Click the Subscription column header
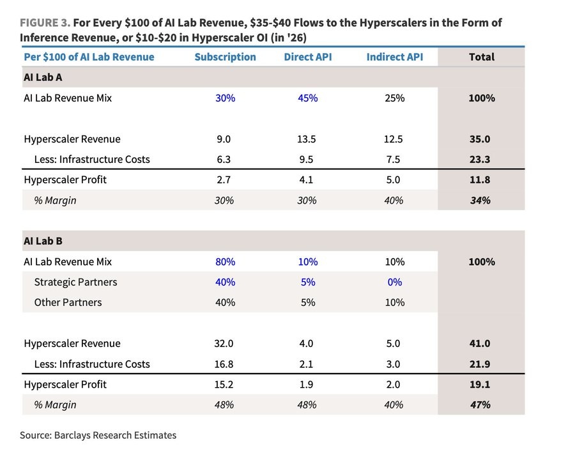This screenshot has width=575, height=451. tap(225, 57)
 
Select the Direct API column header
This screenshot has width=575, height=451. tap(308, 57)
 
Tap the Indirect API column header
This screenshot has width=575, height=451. tap(395, 57)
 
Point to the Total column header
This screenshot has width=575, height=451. tap(482, 57)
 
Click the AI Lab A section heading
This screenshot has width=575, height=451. tap(43, 77)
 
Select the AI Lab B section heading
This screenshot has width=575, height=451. tap(43, 241)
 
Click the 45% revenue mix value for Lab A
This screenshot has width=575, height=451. tap(308, 98)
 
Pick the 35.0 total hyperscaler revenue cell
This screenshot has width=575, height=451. tap(480, 139)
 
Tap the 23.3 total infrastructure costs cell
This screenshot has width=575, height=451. tap(480, 159)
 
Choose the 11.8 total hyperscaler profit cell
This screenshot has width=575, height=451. tap(480, 180)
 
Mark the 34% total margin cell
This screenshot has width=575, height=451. tap(480, 200)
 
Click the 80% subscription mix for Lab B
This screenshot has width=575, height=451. tap(225, 261)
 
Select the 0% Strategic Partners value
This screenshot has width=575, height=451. tap(395, 282)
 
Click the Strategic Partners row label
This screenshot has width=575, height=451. tap(75, 282)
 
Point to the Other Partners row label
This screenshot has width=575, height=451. tap(68, 302)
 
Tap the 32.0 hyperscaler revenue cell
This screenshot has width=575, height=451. tap(224, 343)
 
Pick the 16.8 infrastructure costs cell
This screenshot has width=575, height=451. tap(224, 363)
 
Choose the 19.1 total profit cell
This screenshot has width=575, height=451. tap(480, 385)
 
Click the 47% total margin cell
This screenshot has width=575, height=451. tap(480, 405)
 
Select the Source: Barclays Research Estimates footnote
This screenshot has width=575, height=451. tap(98, 435)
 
